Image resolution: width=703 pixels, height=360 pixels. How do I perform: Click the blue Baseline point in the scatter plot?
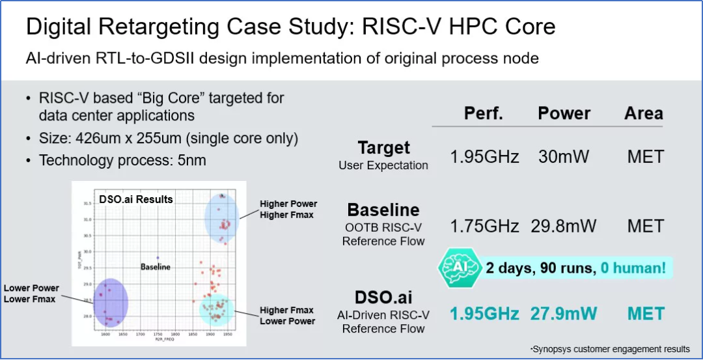coord(158,257)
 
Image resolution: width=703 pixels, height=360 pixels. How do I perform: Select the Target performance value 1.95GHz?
coord(484,157)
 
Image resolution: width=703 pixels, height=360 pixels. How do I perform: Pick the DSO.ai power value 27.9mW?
coord(564,314)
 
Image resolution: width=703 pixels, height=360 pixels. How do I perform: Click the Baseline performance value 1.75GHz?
coord(484,227)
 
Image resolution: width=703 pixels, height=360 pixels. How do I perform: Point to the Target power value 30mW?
coord(564,157)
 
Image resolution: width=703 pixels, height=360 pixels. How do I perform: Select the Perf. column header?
coord(483,113)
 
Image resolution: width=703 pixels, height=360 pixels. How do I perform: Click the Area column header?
coord(643,113)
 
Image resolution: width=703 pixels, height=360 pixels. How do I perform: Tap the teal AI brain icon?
coord(459,267)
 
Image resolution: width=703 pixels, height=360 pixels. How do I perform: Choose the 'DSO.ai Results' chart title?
coord(135,199)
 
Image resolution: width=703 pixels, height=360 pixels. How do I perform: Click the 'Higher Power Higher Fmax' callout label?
coord(288,209)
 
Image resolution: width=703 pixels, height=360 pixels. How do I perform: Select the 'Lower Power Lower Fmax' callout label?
coord(31,294)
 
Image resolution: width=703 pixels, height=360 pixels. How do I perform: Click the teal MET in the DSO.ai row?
coord(645,314)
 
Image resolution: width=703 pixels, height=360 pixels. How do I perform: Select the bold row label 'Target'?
coord(383,148)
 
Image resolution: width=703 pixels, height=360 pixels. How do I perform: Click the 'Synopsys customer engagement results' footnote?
coord(610,349)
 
